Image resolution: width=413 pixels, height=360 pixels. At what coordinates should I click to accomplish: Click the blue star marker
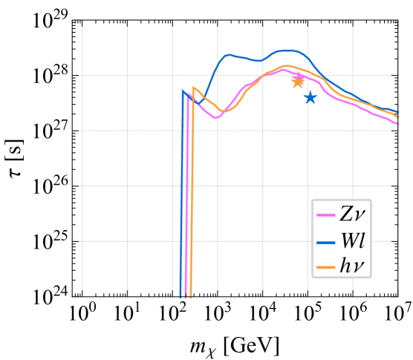pos(310,97)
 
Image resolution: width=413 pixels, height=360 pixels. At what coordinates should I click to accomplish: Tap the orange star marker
pos(298,82)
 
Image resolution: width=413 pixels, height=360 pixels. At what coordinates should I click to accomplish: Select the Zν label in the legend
pos(352,215)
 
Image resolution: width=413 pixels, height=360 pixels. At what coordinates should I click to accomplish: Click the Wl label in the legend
pos(352,241)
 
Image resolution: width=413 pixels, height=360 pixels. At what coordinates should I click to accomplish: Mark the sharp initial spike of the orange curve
pos(194,88)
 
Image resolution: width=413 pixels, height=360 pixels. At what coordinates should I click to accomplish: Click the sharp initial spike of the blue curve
pos(183,91)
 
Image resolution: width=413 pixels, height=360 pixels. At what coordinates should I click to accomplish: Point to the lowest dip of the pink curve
pos(215,118)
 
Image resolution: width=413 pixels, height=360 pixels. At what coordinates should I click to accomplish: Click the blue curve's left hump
pos(230,54)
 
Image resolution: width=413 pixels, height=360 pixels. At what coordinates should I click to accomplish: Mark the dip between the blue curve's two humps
pos(258,61)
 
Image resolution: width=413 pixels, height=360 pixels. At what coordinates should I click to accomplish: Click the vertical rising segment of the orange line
pos(192,193)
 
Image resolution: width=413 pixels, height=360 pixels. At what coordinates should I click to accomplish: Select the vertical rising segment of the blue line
pos(182,193)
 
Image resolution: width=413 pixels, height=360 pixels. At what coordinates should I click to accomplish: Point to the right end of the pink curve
pos(397,123)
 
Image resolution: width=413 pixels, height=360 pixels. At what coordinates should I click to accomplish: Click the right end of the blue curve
pos(397,113)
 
